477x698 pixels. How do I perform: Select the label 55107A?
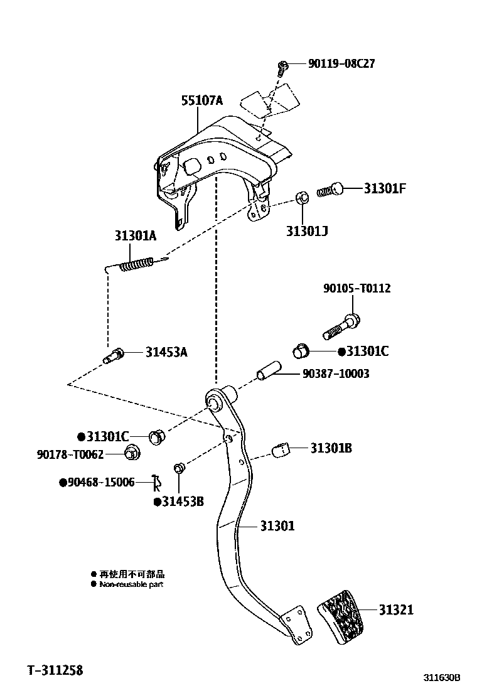202,100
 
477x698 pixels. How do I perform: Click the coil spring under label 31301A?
136,264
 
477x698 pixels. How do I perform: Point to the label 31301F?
385,187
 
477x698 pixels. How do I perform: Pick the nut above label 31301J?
301,199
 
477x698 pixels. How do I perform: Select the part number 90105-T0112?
356,288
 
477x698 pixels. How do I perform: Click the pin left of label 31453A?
115,356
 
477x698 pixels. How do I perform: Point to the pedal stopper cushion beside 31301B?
282,449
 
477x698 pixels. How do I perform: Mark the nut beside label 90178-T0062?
131,452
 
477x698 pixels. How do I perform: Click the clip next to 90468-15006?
157,483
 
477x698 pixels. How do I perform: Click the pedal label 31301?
277,525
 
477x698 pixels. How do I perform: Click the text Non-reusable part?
131,584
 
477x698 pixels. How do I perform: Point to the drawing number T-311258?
55,670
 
